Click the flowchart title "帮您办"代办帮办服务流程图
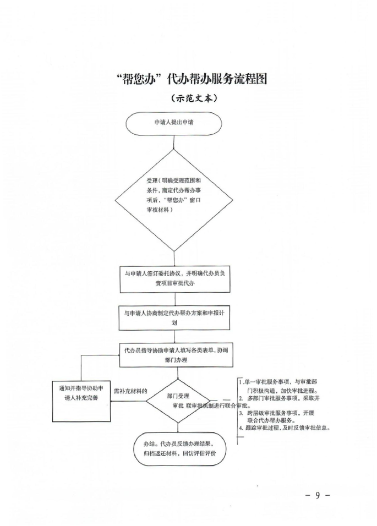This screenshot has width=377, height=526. [192, 79]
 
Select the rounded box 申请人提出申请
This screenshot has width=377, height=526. [174, 123]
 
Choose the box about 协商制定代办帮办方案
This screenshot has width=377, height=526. [174, 317]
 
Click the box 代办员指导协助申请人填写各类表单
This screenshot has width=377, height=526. [176, 355]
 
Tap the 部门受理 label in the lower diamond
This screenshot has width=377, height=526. [178, 396]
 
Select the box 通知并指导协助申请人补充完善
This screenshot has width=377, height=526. [81, 393]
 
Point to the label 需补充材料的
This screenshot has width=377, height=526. [130, 391]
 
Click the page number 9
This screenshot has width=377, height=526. [318, 495]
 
